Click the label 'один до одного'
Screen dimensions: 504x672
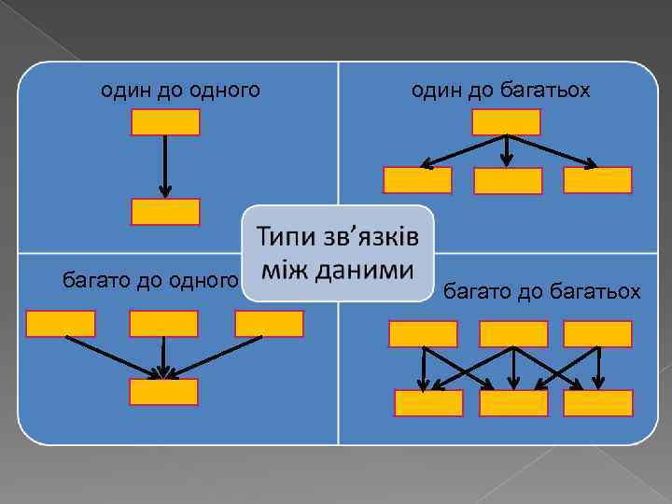[180, 91]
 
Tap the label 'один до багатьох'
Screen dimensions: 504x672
[501, 91]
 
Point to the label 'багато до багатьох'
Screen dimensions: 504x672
[541, 293]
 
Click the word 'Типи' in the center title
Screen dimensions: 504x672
[284, 235]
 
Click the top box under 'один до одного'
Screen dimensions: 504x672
[165, 122]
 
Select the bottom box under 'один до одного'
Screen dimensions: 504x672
[165, 212]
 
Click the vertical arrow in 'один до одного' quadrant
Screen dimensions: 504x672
[165, 166]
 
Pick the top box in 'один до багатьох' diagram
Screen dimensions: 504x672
[506, 122]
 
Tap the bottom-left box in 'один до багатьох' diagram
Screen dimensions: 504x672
[417, 180]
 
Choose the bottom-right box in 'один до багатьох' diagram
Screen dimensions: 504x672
[597, 180]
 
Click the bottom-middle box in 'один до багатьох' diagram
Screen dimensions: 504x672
[508, 181]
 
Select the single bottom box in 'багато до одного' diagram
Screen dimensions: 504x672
[163, 392]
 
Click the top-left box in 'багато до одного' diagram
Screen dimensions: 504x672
[61, 323]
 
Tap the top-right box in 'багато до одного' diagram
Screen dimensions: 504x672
[269, 323]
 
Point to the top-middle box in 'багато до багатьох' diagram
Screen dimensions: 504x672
[512, 333]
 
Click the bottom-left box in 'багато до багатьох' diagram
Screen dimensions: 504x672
[428, 402]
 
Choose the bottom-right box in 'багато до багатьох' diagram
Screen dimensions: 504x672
[598, 402]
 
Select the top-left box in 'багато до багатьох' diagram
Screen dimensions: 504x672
[423, 333]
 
